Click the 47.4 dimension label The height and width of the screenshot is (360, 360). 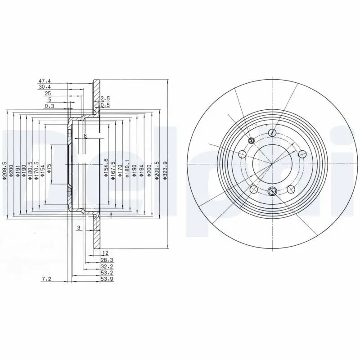44,81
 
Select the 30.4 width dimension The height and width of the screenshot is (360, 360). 44,87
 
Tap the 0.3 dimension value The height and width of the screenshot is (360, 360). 49,106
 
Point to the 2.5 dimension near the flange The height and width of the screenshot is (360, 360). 105,98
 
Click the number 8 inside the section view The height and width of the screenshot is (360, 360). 85,135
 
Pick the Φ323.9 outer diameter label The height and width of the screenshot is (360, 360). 166,171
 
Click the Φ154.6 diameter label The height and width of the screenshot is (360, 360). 106,169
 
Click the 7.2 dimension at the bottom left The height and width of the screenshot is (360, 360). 47,279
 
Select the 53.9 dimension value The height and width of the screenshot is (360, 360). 107,279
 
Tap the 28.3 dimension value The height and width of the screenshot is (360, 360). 107,260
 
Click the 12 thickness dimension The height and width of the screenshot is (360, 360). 106,253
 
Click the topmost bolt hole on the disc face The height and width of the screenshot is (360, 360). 272,132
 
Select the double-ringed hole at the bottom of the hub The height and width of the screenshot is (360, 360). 272,191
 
